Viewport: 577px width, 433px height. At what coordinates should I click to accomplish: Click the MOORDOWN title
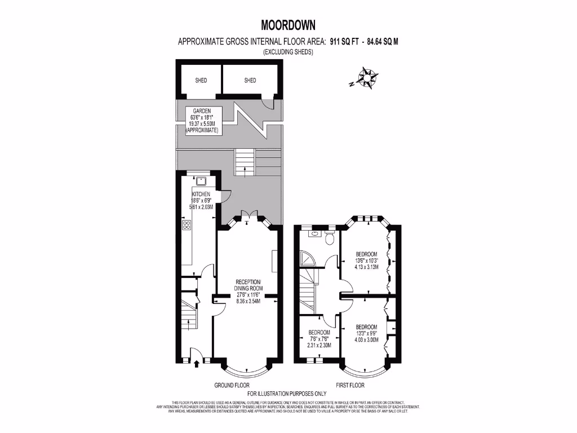coord(288,25)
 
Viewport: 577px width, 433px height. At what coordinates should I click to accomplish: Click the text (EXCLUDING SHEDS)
coord(288,52)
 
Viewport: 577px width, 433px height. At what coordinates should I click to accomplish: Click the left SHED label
coord(201,80)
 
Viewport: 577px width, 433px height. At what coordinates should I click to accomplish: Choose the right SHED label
coord(250,80)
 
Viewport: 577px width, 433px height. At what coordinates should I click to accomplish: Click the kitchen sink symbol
coord(201,180)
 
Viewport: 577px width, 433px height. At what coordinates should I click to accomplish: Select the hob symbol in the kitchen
coord(187,226)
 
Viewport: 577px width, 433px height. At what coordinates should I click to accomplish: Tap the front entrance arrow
coord(196,364)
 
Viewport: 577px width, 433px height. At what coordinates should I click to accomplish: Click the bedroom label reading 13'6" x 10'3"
coord(366,261)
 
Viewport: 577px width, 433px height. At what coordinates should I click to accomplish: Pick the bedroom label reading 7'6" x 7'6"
coord(318,339)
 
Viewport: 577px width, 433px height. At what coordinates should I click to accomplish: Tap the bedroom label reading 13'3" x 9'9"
coord(366,333)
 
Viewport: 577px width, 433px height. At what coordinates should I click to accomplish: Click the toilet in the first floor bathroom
coord(330,238)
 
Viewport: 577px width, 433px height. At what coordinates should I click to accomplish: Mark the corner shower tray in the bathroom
coord(308,259)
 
